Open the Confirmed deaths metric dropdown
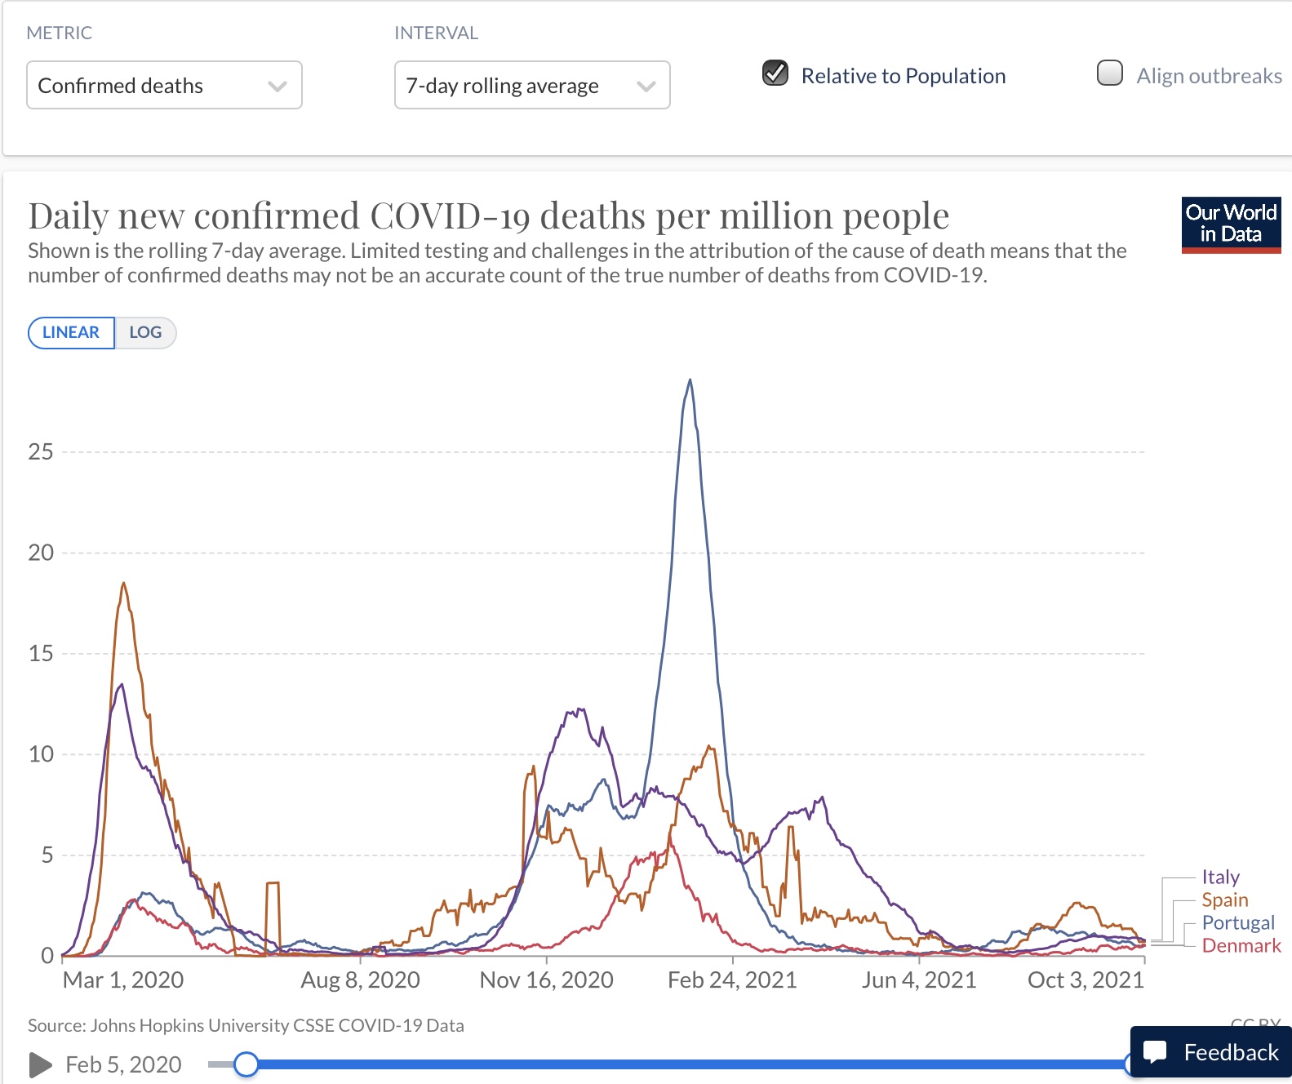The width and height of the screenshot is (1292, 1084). [x=164, y=86]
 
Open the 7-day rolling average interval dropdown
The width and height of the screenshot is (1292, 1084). [x=532, y=86]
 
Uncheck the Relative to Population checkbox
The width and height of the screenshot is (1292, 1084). [x=775, y=73]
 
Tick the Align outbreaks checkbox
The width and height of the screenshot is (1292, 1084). [x=1110, y=73]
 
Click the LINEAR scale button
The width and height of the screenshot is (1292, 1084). [x=71, y=333]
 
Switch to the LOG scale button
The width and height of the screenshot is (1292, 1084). [x=145, y=333]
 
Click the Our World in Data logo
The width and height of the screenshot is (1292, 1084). [x=1231, y=224]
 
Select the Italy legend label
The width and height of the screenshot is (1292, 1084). [x=1220, y=877]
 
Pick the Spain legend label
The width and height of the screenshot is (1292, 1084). [x=1224, y=900]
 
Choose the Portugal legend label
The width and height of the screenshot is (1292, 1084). [x=1237, y=923]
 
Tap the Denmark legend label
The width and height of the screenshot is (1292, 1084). [x=1241, y=946]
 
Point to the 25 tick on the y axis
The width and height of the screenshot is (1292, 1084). [x=41, y=452]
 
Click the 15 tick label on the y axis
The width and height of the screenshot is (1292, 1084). [x=41, y=654]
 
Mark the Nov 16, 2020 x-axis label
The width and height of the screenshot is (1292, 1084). [x=546, y=980]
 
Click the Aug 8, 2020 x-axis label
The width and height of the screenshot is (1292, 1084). [x=360, y=980]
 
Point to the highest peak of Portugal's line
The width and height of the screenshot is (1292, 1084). [x=690, y=380]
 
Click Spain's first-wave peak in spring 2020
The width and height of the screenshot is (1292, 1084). [x=123, y=584]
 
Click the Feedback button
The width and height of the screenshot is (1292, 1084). [x=1211, y=1052]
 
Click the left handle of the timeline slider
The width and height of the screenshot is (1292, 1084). [x=246, y=1064]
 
